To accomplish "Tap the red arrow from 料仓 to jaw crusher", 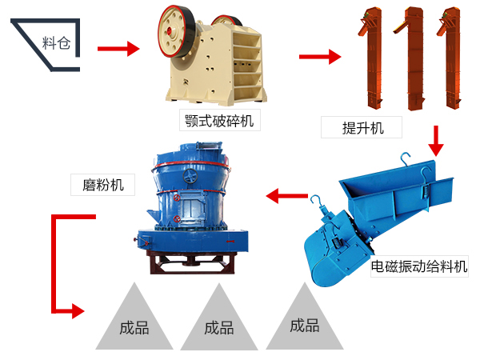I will click(118, 49).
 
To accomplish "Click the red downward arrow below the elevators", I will click(435, 141).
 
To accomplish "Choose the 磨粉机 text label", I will click(102, 184).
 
